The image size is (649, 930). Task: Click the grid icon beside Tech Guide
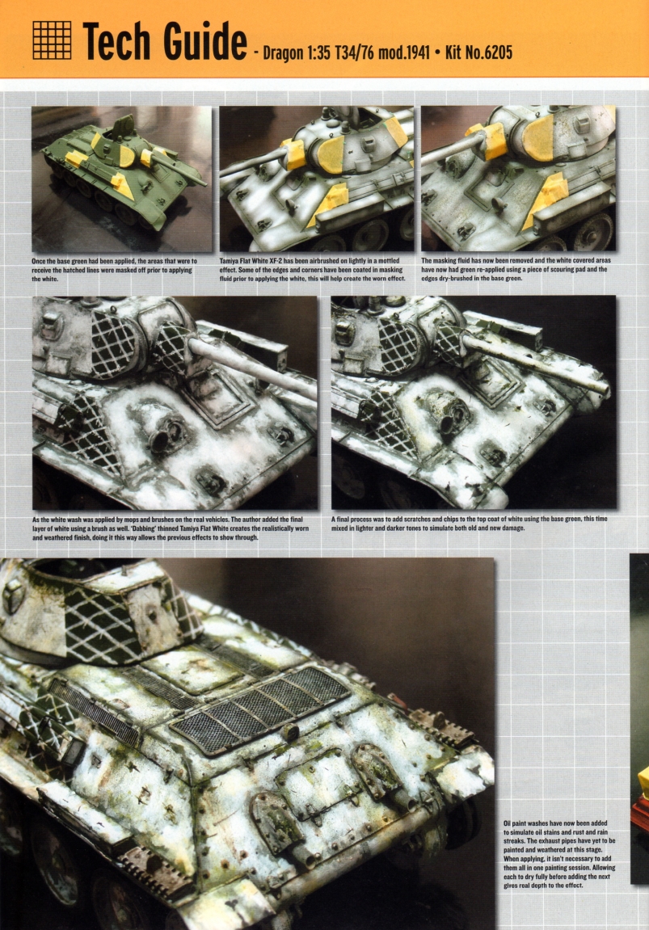point(52,39)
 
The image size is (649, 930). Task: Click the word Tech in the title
point(121,40)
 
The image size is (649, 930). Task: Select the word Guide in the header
point(204,40)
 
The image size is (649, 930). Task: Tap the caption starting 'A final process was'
point(469,524)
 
